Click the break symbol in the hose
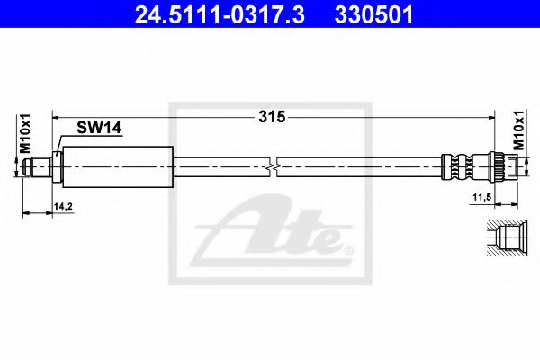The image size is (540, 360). coord(274,165)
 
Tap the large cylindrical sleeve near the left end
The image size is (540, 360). coord(116,165)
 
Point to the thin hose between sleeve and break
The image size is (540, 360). coord(220,165)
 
